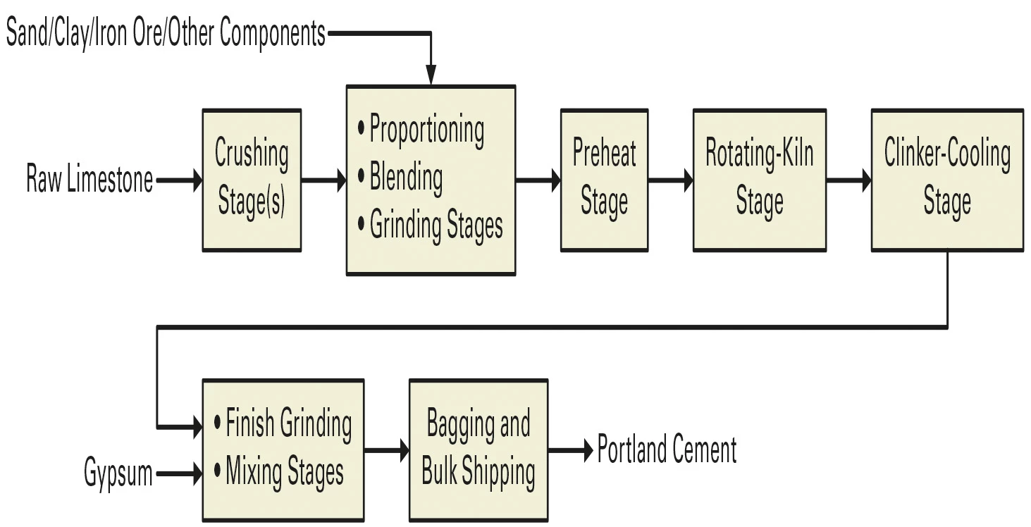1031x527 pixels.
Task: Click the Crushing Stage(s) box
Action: (252, 180)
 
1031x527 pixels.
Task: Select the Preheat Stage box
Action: (604, 180)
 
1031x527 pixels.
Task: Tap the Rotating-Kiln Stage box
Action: (759, 180)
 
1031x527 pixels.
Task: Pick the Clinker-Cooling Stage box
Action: (947, 180)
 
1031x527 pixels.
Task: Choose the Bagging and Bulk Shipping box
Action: (478, 450)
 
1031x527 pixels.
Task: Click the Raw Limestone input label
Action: (89, 180)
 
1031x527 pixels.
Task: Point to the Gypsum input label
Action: (118, 473)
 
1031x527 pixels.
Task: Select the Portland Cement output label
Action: (667, 450)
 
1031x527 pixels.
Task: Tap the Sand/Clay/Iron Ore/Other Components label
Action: (166, 33)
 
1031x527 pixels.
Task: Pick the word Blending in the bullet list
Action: (406, 178)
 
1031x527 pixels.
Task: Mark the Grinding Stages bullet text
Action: (436, 225)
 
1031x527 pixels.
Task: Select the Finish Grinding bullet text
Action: (288, 425)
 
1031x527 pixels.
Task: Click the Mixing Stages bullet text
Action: (285, 473)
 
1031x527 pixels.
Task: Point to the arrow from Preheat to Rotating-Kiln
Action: (670, 180)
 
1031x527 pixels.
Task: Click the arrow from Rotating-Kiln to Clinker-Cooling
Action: (848, 180)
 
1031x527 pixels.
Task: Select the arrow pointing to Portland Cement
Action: (570, 450)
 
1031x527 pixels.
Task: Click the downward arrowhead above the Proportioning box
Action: (430, 74)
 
